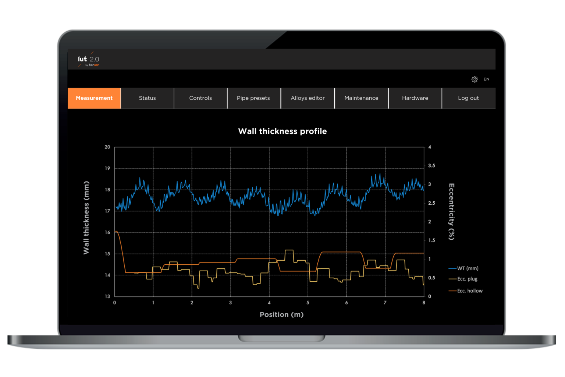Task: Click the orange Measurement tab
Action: pyautogui.click(x=94, y=98)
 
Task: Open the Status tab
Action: pyautogui.click(x=147, y=98)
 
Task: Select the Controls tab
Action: pyautogui.click(x=200, y=98)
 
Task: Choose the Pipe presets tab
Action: pyautogui.click(x=253, y=98)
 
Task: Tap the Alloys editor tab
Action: pyautogui.click(x=308, y=98)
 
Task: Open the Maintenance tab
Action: pyautogui.click(x=361, y=98)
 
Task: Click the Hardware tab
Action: pyautogui.click(x=415, y=98)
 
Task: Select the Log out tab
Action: pyautogui.click(x=468, y=98)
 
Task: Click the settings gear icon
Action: pyautogui.click(x=475, y=79)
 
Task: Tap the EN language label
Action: pyautogui.click(x=486, y=79)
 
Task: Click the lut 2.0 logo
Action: pyautogui.click(x=89, y=60)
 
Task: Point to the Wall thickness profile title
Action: pyautogui.click(x=282, y=131)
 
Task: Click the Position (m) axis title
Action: pyautogui.click(x=282, y=314)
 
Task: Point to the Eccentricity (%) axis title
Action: pyautogui.click(x=452, y=212)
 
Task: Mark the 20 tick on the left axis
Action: pyautogui.click(x=107, y=147)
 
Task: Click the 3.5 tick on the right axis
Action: pyautogui.click(x=431, y=166)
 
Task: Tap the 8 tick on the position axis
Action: pyautogui.click(x=424, y=303)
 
